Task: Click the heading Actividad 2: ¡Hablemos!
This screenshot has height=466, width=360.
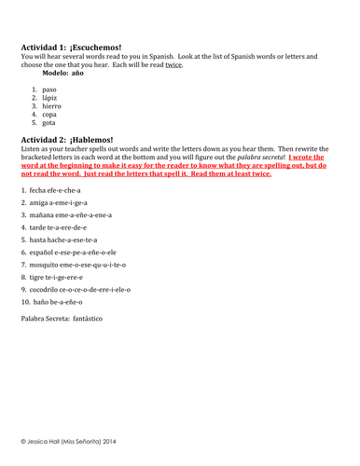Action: (x=64, y=139)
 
